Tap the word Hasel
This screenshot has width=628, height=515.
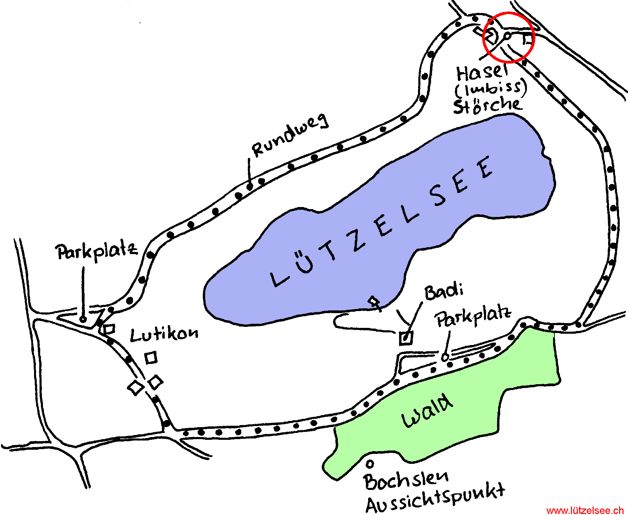(482, 72)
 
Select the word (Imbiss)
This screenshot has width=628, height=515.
(491, 88)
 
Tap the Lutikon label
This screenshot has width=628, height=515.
(164, 334)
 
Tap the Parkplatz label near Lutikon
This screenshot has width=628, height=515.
(97, 252)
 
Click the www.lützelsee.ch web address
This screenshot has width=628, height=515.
(585, 511)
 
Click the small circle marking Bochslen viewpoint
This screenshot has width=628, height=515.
(370, 464)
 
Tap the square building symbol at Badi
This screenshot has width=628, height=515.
(406, 338)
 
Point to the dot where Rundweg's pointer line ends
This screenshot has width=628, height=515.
(250, 186)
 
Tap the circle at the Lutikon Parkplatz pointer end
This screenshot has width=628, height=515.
(83, 319)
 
